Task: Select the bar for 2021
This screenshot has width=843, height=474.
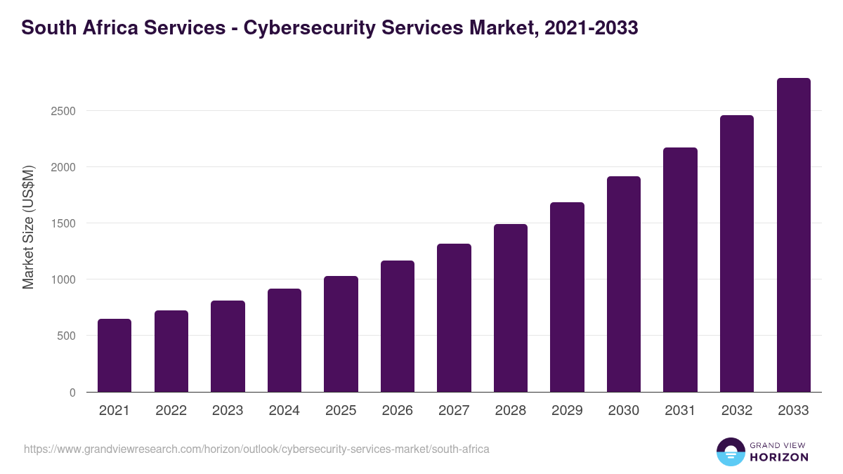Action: click(x=115, y=355)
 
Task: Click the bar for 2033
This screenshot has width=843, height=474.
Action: click(x=793, y=235)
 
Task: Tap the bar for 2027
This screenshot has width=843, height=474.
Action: click(x=454, y=318)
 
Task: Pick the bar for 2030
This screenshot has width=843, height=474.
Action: click(x=624, y=284)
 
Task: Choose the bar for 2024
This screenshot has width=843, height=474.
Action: click(x=285, y=341)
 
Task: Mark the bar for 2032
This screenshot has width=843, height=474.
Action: click(x=737, y=254)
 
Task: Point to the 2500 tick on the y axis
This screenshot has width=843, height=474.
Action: click(x=63, y=111)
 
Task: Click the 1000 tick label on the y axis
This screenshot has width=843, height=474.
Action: click(x=63, y=279)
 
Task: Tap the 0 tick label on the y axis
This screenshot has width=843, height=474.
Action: click(x=72, y=393)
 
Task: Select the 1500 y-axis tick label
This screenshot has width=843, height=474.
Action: click(x=63, y=223)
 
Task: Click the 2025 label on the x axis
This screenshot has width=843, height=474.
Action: click(x=341, y=411)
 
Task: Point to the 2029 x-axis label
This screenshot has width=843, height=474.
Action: click(x=567, y=411)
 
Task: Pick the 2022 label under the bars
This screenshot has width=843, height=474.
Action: click(x=171, y=411)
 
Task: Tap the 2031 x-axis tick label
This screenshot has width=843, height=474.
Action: click(x=680, y=411)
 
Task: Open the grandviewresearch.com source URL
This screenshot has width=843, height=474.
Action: click(x=256, y=449)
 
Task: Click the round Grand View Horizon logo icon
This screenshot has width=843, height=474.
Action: click(x=731, y=452)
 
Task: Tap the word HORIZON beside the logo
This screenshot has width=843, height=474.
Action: click(x=779, y=457)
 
